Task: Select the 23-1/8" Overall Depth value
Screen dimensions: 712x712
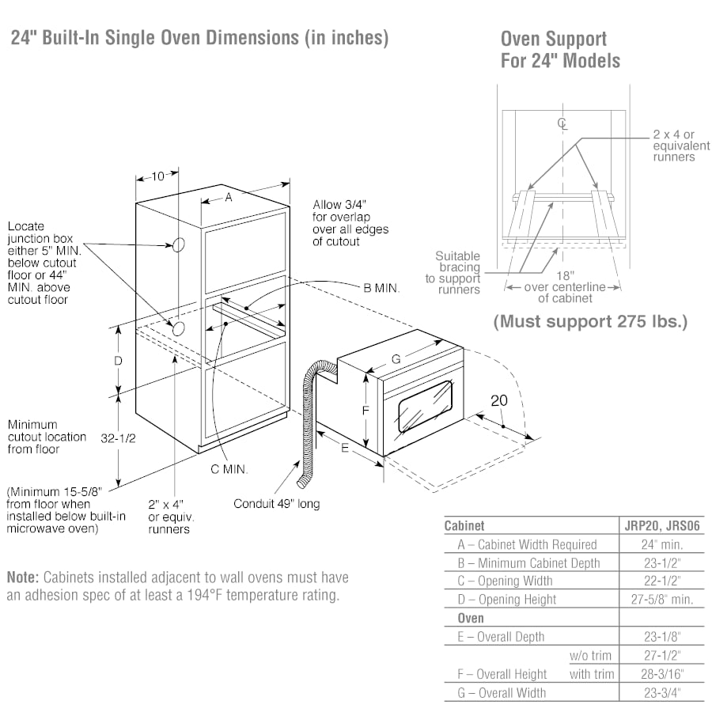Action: click(661, 636)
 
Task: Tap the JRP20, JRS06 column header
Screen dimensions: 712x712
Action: click(661, 525)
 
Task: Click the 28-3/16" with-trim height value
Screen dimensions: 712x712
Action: click(661, 674)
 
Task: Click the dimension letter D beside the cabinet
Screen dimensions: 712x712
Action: click(118, 361)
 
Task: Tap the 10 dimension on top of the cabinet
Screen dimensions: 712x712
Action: click(157, 176)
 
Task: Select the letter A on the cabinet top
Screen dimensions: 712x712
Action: click(228, 198)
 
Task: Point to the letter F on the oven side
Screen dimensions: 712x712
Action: click(365, 411)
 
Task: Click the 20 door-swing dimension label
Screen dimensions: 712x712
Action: click(499, 401)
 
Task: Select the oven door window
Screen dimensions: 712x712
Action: click(425, 405)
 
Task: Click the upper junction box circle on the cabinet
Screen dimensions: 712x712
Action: click(178, 245)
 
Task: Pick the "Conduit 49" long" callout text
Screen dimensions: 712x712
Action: click(277, 503)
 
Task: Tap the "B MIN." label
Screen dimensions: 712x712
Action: click(381, 289)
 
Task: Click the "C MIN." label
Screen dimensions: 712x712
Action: click(229, 469)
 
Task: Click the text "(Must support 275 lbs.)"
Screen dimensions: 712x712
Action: click(590, 321)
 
